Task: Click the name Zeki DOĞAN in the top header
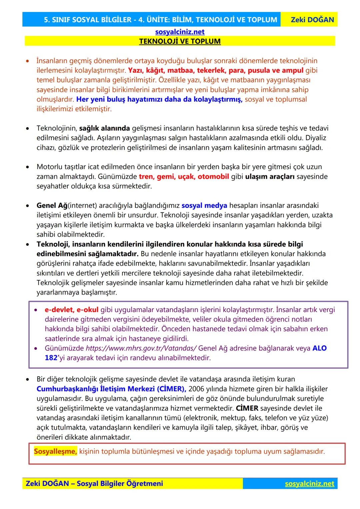click(x=312, y=20)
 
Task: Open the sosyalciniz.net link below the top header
click(x=180, y=32)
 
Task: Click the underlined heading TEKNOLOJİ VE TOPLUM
click(x=180, y=41)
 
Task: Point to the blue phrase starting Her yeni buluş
click(x=159, y=100)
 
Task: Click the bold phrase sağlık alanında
click(x=104, y=128)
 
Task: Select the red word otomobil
click(x=213, y=177)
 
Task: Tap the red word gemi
click(x=166, y=177)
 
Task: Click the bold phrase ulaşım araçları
click(x=270, y=177)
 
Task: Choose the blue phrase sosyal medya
click(x=204, y=206)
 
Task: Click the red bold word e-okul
click(x=87, y=310)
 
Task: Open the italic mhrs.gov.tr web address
click(x=141, y=348)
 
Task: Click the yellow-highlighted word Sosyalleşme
click(x=55, y=452)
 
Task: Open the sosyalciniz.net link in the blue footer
click(x=309, y=484)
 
